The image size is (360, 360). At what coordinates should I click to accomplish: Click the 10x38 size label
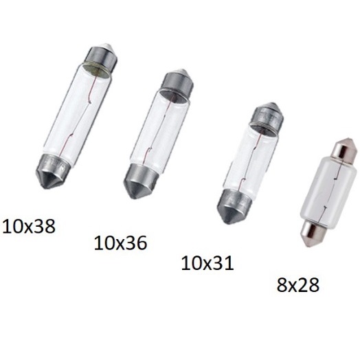pyautogui.click(x=29, y=226)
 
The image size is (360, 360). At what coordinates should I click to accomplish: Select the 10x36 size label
pyautogui.click(x=120, y=243)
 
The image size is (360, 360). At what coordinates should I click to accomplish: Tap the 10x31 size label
pyautogui.click(x=207, y=263)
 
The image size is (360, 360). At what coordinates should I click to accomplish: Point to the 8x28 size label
pyautogui.click(x=298, y=285)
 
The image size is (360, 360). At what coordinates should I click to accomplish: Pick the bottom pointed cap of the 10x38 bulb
pyautogui.click(x=52, y=171)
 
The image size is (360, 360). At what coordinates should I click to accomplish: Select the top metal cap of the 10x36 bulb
pyautogui.click(x=177, y=82)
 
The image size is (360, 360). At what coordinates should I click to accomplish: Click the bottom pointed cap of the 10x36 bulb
pyautogui.click(x=141, y=181)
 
